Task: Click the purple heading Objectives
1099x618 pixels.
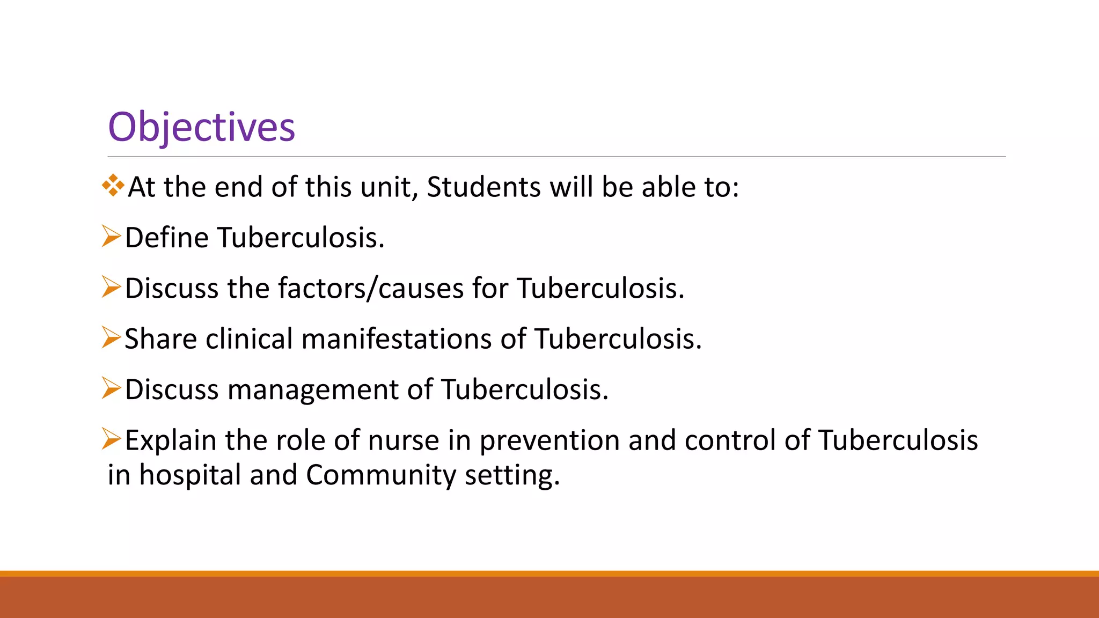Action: (201, 127)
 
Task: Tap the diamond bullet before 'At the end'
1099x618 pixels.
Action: (113, 186)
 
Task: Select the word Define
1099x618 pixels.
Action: (166, 238)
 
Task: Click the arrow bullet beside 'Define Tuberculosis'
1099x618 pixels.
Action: (111, 237)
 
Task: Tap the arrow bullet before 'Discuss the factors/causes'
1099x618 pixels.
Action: (111, 287)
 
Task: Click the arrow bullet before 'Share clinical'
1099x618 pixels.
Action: (111, 337)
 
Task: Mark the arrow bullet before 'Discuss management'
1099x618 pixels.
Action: (111, 388)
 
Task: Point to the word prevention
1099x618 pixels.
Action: (549, 440)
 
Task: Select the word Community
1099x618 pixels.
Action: (381, 475)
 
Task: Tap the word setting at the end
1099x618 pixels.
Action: (512, 475)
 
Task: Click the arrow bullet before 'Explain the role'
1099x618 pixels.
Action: (111, 439)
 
